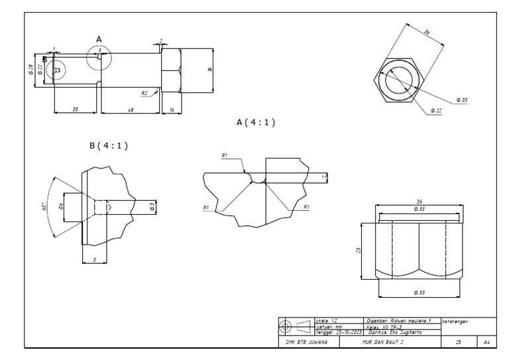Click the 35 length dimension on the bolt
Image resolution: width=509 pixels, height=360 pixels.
(x=75, y=109)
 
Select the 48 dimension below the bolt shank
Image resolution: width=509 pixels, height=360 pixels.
(x=130, y=109)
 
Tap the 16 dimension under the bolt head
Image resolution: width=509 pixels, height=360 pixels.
(x=171, y=109)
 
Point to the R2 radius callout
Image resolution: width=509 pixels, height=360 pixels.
(x=144, y=94)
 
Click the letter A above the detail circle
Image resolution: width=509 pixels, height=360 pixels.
(x=99, y=40)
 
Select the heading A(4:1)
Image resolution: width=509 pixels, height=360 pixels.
(x=255, y=123)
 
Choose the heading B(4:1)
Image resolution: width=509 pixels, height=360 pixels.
(x=107, y=146)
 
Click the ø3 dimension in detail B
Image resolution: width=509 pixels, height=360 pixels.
(x=152, y=207)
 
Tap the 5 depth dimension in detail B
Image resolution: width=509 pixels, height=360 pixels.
(x=94, y=259)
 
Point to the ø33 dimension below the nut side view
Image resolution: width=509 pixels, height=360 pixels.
(x=418, y=292)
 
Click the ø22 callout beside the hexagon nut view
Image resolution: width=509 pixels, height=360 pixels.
(x=435, y=111)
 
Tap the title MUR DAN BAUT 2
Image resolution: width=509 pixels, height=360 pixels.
(x=378, y=341)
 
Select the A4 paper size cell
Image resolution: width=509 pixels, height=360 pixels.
(x=486, y=341)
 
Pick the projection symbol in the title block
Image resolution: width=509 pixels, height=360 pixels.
(x=295, y=326)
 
